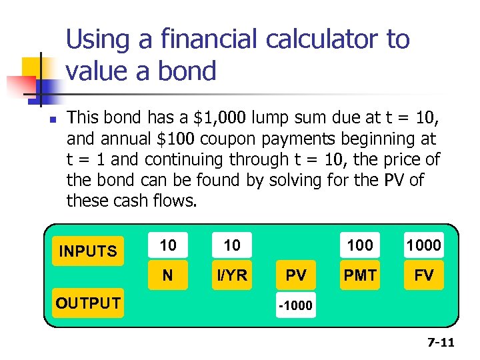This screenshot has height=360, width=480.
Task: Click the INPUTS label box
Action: [87, 251]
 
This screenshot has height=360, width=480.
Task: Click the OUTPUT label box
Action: [87, 303]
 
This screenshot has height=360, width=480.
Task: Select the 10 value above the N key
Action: [168, 245]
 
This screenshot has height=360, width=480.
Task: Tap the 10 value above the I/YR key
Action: [232, 245]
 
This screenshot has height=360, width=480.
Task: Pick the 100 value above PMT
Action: [360, 245]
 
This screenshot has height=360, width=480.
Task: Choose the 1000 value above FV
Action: [424, 245]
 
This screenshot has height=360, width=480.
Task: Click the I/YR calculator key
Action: [232, 275]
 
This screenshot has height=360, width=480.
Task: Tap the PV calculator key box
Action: [296, 275]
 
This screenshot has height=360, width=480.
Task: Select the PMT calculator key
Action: [360, 275]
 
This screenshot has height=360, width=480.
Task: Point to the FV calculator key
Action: [424, 275]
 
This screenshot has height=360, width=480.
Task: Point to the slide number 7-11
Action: [440, 343]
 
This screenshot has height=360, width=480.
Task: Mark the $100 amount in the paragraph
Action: [175, 139]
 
